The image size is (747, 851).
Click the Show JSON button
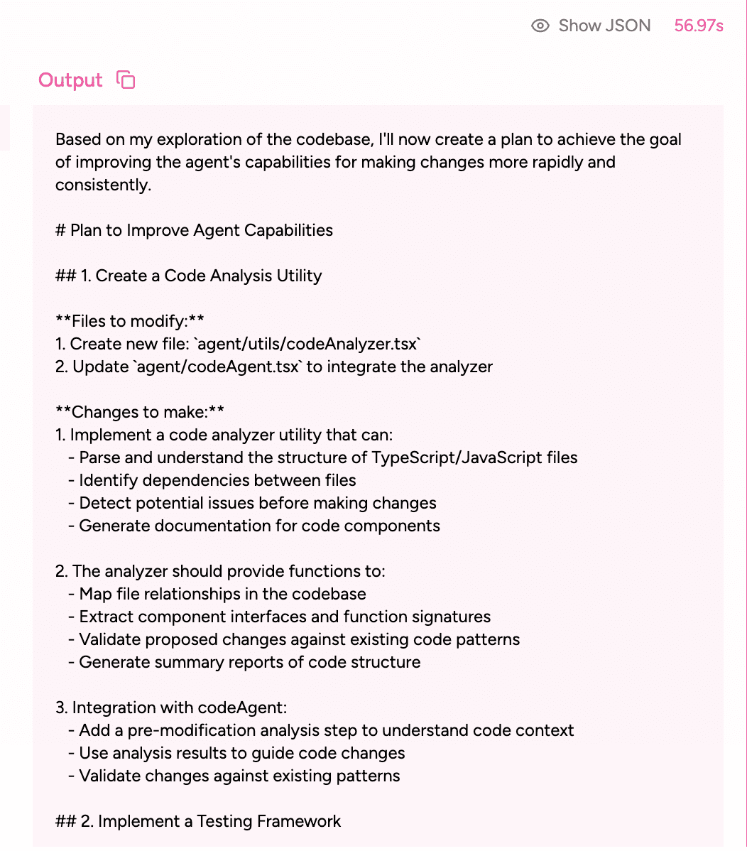click(604, 26)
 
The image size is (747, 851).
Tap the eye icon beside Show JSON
click(540, 26)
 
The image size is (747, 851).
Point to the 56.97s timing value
click(699, 26)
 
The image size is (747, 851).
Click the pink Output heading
click(70, 80)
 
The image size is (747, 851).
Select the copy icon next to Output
click(126, 80)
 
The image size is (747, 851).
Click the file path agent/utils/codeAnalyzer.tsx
click(309, 344)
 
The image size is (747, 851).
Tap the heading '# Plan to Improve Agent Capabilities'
click(194, 230)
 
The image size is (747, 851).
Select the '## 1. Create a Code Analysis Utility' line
click(188, 276)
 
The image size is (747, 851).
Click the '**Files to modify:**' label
click(130, 321)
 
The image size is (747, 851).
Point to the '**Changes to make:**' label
click(140, 412)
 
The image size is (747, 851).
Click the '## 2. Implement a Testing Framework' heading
click(198, 821)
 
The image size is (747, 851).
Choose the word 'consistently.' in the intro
click(104, 185)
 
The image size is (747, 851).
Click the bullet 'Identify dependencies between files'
click(217, 480)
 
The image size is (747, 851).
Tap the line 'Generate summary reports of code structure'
click(249, 662)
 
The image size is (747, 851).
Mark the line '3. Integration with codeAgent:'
click(171, 708)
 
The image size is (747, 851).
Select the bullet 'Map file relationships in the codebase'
click(222, 594)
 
